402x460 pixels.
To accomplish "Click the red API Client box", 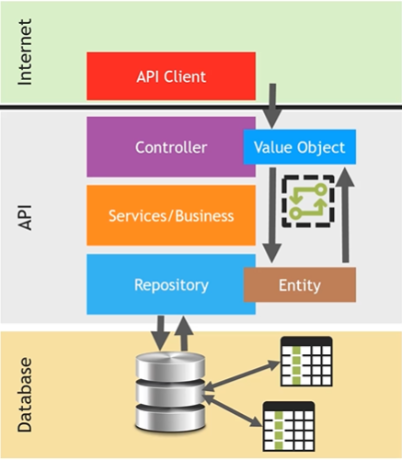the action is (x=171, y=76).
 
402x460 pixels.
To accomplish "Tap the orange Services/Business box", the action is (x=171, y=215).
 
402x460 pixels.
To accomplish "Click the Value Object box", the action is (x=300, y=147).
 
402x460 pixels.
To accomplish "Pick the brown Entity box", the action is (x=300, y=284).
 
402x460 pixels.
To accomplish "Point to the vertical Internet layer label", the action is (x=25, y=52).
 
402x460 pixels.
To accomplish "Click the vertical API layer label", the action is (x=25, y=217).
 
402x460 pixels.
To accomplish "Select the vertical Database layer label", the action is (x=25, y=395).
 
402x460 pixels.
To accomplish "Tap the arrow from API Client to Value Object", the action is (x=272, y=106).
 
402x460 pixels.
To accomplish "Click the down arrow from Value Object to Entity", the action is (x=272, y=215).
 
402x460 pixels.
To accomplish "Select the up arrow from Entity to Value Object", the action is (x=346, y=215).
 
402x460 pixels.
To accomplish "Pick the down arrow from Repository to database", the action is (x=160, y=333).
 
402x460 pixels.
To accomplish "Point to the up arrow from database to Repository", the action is (x=184, y=333).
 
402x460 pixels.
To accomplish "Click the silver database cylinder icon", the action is (x=170, y=393).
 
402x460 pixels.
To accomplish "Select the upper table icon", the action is (x=306, y=362).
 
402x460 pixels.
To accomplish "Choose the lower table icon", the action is (x=289, y=426).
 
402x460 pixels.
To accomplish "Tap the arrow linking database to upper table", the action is (x=241, y=375).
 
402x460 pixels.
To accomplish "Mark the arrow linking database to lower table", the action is (x=233, y=410).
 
